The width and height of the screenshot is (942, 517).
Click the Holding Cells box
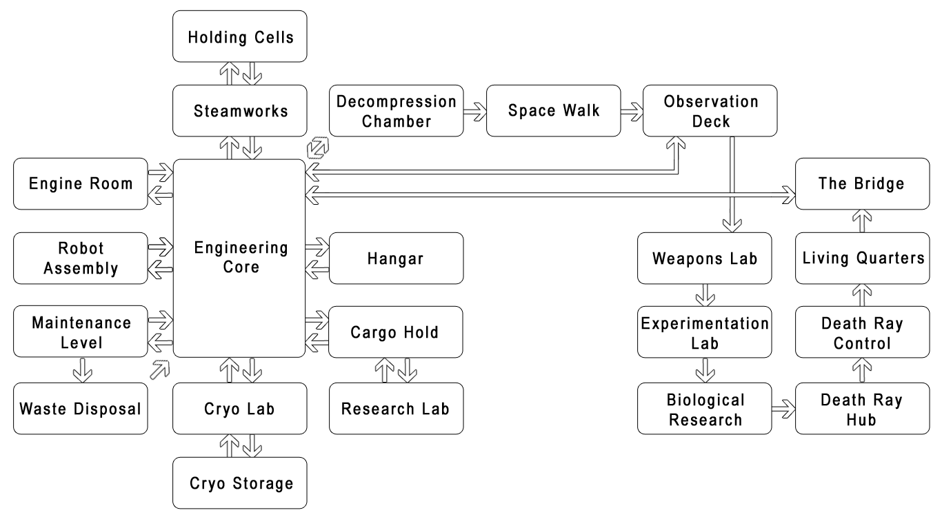[x=239, y=37]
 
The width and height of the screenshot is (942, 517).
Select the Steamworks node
[x=239, y=110]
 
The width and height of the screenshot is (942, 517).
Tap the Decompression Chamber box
[x=397, y=110]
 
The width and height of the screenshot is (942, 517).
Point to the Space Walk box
[x=553, y=110]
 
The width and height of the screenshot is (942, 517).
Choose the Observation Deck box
[x=710, y=110]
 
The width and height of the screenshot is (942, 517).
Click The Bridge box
[x=862, y=183]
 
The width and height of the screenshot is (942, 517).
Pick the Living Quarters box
[x=862, y=258]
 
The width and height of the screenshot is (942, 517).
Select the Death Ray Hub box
[x=862, y=409]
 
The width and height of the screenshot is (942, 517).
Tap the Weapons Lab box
[x=704, y=258]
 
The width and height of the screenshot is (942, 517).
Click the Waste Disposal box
[x=81, y=409]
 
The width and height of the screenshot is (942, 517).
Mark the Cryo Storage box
[x=239, y=483]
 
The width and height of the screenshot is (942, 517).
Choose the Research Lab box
[x=396, y=409]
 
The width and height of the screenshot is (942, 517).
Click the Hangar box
[x=396, y=258]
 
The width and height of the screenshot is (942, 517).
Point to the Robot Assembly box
[x=81, y=258]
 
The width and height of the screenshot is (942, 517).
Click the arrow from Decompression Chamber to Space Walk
[x=475, y=110]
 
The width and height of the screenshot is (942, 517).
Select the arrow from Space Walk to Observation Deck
[x=632, y=110]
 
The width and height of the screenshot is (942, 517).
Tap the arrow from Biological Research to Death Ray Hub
[x=783, y=409]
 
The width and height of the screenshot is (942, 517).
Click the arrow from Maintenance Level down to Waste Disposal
[x=83, y=369]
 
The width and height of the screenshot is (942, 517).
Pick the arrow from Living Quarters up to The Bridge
[x=863, y=221]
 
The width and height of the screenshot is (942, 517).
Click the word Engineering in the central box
[x=241, y=247]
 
